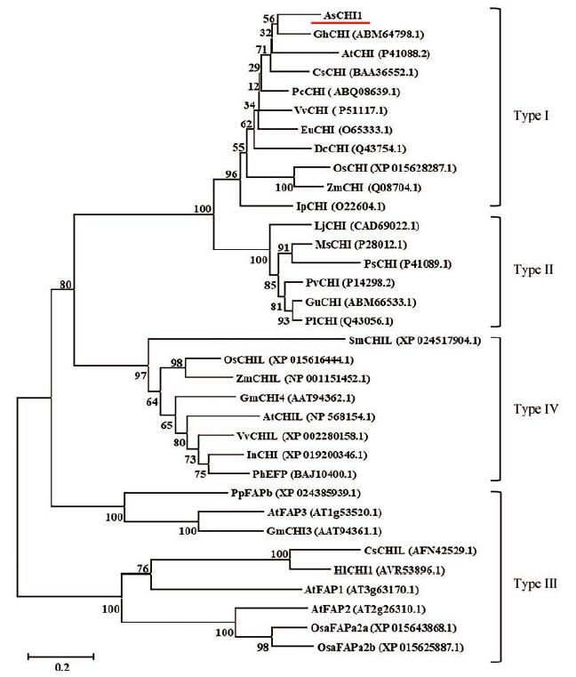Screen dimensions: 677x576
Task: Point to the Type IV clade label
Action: coord(537,409)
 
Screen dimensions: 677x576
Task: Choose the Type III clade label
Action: coord(537,584)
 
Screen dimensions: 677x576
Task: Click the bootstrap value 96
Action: coord(229,174)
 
